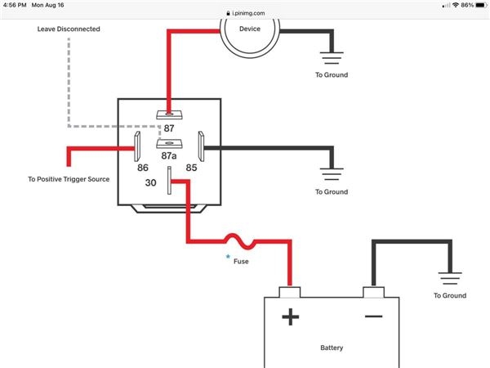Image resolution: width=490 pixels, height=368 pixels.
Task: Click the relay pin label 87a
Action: pyautogui.click(x=169, y=155)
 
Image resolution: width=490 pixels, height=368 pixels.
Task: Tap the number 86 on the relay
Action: pyautogui.click(x=143, y=168)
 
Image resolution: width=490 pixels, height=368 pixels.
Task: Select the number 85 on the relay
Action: pyautogui.click(x=191, y=168)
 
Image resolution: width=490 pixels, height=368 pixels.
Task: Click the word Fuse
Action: pyautogui.click(x=242, y=262)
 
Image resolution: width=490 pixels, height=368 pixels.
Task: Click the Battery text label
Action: pyautogui.click(x=332, y=348)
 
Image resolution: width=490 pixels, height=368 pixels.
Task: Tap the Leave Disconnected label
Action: pyautogui.click(x=69, y=29)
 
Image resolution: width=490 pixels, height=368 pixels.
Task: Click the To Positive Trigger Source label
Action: pyautogui.click(x=69, y=179)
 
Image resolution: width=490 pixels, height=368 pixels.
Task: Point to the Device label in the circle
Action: pyautogui.click(x=250, y=29)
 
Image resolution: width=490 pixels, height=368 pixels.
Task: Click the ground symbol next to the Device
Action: pyautogui.click(x=331, y=59)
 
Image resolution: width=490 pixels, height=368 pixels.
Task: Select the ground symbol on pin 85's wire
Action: pyautogui.click(x=331, y=176)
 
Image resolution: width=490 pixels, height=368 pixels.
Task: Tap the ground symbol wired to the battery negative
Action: pyautogui.click(x=449, y=280)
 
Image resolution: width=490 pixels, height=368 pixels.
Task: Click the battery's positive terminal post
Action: pyautogui.click(x=289, y=292)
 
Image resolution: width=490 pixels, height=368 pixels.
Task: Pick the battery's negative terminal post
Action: pyautogui.click(x=373, y=292)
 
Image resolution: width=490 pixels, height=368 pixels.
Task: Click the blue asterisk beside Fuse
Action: pyautogui.click(x=228, y=258)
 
